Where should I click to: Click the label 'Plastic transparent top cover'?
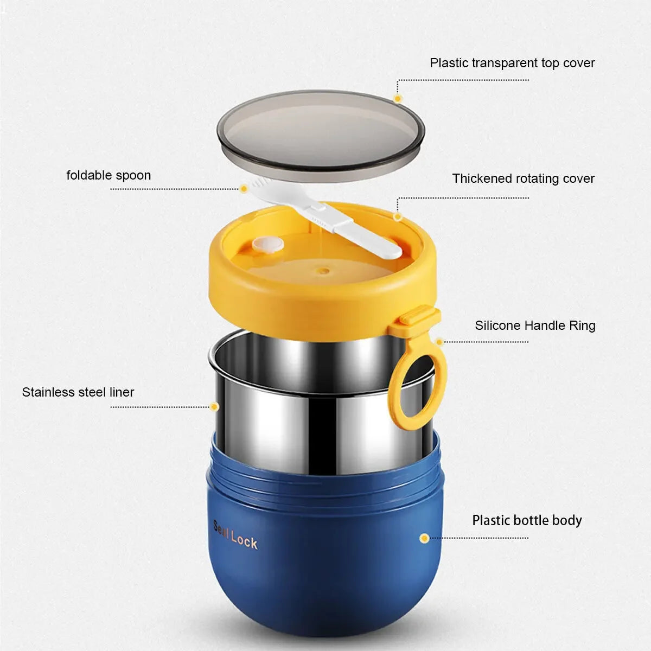click(512, 63)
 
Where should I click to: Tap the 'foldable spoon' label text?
click(108, 175)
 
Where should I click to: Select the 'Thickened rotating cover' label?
click(524, 178)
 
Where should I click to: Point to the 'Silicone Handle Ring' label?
click(535, 325)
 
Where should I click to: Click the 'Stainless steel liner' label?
click(78, 392)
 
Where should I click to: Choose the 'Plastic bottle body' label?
click(527, 520)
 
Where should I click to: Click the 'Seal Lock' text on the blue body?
click(235, 539)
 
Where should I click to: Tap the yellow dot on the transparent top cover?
click(398, 98)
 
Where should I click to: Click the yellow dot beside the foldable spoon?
click(244, 188)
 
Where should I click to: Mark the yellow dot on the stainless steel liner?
click(214, 407)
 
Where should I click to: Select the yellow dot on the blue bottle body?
click(424, 538)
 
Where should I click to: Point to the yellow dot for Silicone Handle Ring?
click(439, 342)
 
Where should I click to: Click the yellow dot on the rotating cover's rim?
click(398, 216)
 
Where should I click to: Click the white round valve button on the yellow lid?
click(267, 244)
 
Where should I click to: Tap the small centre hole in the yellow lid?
click(324, 271)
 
